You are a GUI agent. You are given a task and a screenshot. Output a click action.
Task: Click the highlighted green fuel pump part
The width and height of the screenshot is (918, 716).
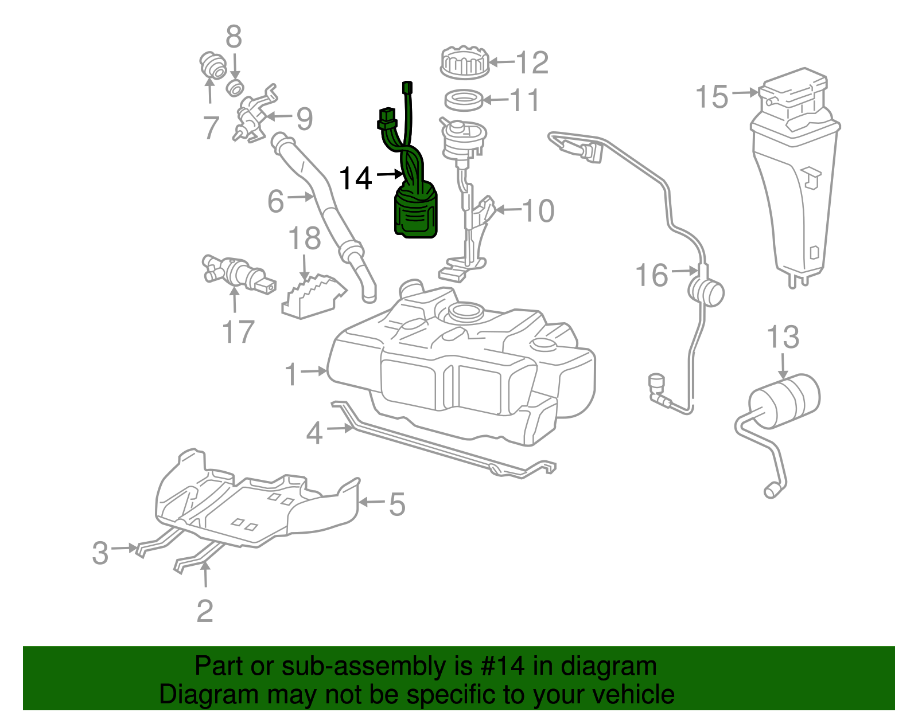click(x=415, y=211)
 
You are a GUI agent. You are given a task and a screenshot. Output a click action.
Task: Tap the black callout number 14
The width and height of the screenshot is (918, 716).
click(x=356, y=178)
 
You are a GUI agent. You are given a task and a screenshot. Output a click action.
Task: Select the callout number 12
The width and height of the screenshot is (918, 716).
click(x=532, y=62)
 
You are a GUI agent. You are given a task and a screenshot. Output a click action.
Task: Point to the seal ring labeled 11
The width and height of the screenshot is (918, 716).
click(x=464, y=100)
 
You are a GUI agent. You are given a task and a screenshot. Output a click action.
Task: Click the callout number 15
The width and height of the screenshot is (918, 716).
click(x=711, y=97)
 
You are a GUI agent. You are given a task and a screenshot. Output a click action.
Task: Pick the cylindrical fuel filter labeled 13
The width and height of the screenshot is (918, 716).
click(x=785, y=400)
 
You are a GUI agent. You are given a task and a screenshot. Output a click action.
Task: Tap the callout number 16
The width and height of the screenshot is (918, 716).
click(x=652, y=275)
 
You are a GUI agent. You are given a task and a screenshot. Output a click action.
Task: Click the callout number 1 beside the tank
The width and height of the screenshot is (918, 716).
click(x=291, y=374)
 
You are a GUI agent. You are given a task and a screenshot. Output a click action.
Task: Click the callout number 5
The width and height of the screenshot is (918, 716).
click(x=397, y=504)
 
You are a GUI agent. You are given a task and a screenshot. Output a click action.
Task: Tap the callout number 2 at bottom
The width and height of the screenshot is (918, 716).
click(x=205, y=611)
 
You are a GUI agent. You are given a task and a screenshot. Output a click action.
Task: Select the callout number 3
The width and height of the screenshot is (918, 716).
click(x=100, y=553)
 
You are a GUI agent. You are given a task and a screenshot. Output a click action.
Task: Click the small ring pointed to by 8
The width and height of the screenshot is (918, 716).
click(x=235, y=88)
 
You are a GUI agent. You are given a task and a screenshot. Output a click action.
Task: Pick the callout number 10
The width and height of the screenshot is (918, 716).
click(x=538, y=211)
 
